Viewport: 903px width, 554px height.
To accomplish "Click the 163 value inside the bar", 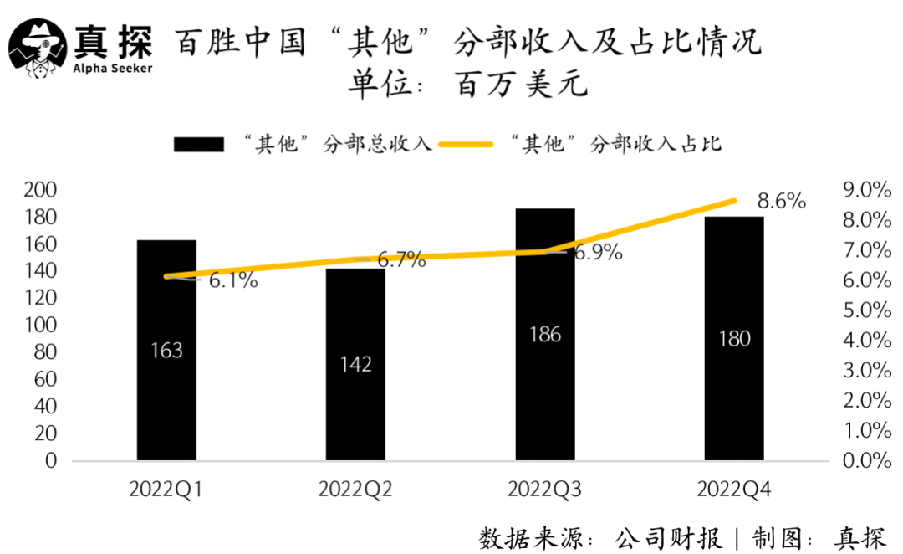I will click(x=166, y=351).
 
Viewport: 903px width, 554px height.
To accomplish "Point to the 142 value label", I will click(x=356, y=365).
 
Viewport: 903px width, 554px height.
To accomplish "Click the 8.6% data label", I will click(x=781, y=202).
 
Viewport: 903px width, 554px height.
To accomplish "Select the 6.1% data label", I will click(x=232, y=281).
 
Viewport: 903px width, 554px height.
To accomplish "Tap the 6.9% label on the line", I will click(x=598, y=253).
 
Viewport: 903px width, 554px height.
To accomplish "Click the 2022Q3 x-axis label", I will click(x=545, y=490).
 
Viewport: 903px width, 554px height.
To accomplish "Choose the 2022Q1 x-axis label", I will click(x=166, y=490).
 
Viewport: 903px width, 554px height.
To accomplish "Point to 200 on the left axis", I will click(x=39, y=191).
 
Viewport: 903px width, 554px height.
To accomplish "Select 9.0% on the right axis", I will click(x=869, y=191).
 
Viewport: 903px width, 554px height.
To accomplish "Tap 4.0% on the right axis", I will click(x=869, y=341).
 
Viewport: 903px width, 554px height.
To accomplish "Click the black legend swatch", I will click(x=199, y=144).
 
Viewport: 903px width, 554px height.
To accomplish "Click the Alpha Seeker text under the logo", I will click(x=114, y=68).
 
